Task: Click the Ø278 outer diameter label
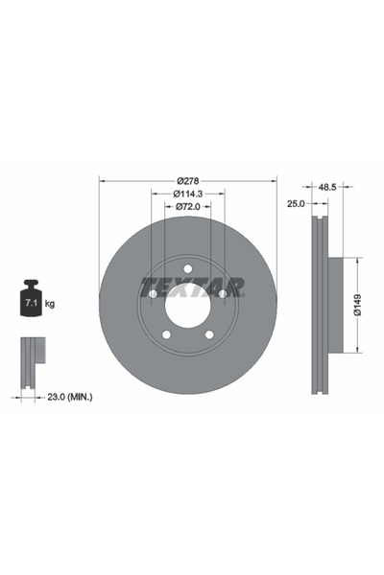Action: coord(188,180)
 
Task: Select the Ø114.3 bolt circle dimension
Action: coord(188,195)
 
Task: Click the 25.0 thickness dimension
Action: coord(296,203)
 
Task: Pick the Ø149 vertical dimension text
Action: coord(356,304)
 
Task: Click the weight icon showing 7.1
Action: coord(30,302)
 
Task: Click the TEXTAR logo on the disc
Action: coord(192,287)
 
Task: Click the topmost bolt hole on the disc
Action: coord(188,267)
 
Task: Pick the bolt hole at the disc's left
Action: coord(153,293)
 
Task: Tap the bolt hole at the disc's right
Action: coord(224,293)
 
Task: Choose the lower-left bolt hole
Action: coord(166,334)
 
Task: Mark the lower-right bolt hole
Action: coord(210,334)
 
